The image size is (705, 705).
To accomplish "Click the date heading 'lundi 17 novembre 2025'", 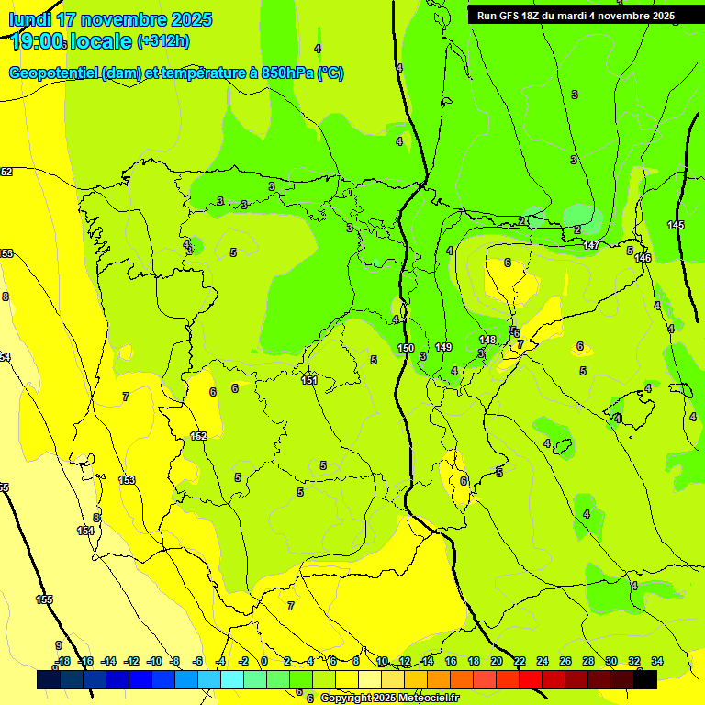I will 110,19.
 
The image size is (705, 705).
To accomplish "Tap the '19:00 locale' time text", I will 70,41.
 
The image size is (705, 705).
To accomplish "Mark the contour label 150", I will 406,348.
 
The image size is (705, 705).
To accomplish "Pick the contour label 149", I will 443,347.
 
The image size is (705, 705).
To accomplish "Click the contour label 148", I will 487,340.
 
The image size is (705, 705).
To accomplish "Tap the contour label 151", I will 310,380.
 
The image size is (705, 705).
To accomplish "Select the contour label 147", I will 591,245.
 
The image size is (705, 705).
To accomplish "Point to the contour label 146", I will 643,258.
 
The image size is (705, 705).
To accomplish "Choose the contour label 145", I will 676,225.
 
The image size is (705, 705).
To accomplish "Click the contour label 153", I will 127,480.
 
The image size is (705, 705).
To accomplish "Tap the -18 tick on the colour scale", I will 62,661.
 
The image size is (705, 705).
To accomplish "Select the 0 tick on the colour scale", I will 263,661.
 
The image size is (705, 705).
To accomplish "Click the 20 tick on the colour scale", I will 497,661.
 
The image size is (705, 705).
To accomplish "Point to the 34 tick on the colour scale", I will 657,661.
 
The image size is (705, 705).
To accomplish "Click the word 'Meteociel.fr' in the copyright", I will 425,699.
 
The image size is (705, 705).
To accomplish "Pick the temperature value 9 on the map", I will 58,645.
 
